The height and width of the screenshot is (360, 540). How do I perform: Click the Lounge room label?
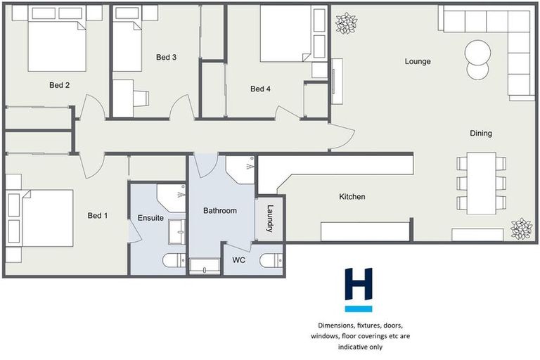417,61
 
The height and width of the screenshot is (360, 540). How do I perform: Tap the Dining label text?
481,133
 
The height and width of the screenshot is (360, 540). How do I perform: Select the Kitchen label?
352,197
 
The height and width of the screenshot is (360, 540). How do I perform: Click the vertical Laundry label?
269,219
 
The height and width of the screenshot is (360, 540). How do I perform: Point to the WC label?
239,260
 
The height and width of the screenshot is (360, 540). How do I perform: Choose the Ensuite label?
150,218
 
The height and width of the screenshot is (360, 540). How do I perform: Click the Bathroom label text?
219,210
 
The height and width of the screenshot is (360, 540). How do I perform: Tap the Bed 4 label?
260,89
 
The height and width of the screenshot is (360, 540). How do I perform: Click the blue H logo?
358,289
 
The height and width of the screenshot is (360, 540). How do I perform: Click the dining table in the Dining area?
481,184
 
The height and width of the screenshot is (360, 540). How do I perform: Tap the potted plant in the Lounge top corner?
345,23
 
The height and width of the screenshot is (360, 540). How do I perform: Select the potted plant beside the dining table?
521,229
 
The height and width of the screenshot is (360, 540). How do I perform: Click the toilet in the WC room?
271,261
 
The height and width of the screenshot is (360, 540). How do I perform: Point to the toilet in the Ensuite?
173,261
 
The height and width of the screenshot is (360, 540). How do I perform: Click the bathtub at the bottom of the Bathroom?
204,266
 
